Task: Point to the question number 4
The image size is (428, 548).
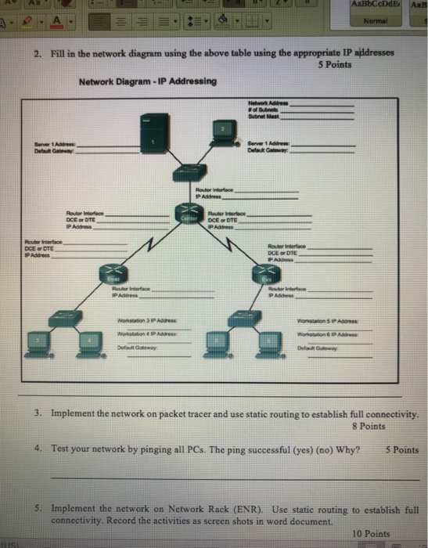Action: point(38,450)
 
